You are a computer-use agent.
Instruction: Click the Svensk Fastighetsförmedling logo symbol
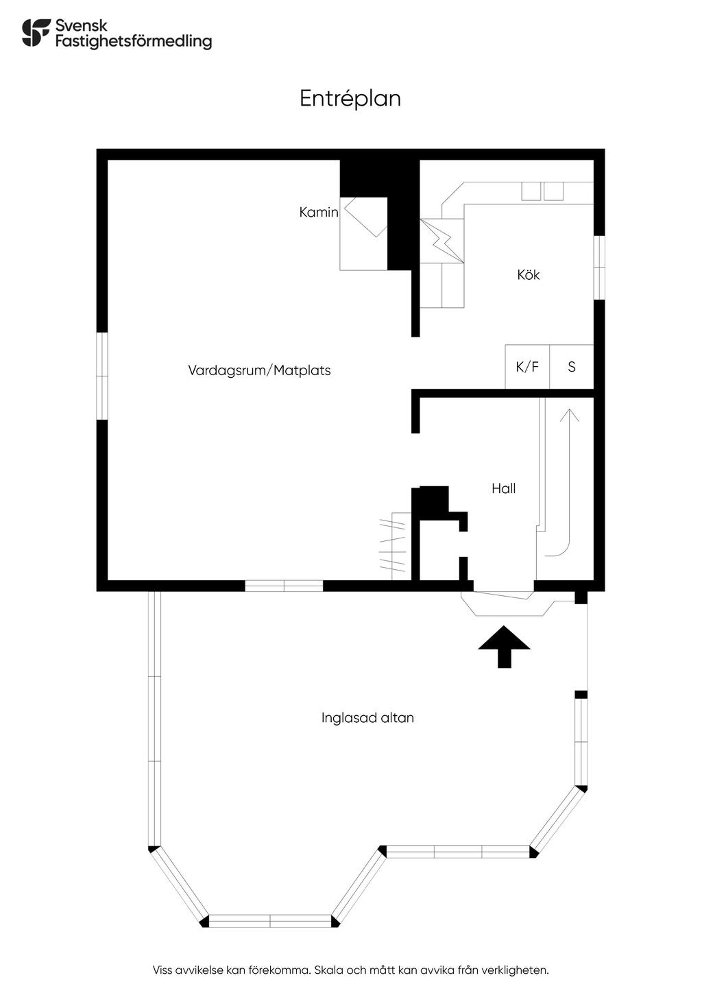[x=36, y=32]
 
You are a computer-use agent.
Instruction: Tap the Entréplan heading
[x=350, y=99]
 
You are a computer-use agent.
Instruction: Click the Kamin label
[x=319, y=213]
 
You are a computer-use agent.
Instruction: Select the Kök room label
[x=529, y=275]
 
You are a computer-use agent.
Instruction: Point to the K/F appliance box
[x=527, y=367]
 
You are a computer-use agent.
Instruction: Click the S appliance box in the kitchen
[x=572, y=367]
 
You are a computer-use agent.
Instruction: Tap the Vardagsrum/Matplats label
[x=259, y=370]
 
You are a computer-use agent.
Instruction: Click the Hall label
[x=503, y=488]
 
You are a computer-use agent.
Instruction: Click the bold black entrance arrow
[x=504, y=647]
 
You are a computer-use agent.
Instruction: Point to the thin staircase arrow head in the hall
[x=570, y=415]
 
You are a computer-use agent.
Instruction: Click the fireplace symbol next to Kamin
[x=366, y=217]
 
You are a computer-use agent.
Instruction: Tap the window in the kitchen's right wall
[x=599, y=267]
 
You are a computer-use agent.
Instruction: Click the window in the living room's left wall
[x=102, y=376]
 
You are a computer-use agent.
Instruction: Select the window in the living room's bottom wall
[x=284, y=586]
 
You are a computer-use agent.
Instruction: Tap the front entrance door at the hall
[x=503, y=595]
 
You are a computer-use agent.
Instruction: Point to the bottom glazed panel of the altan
[x=270, y=921]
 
